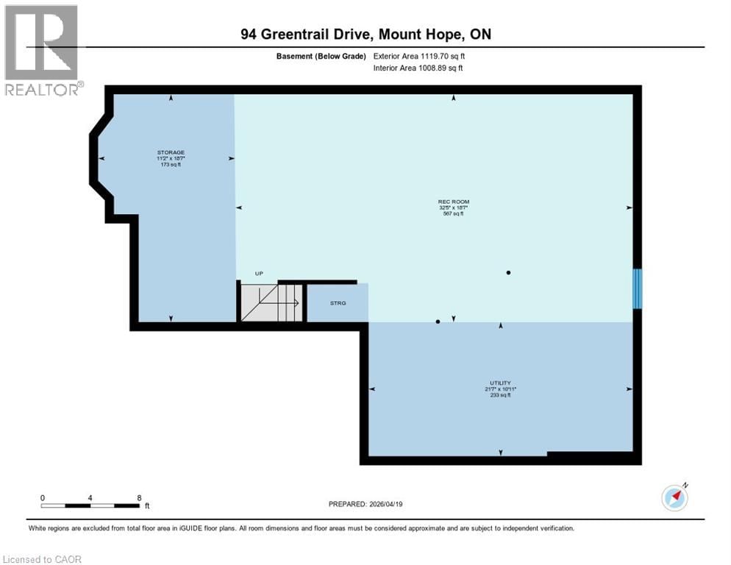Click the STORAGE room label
pyautogui.click(x=171, y=152)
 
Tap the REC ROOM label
pyautogui.click(x=453, y=202)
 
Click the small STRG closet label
pyautogui.click(x=338, y=303)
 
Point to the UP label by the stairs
pyautogui.click(x=259, y=274)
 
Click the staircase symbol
pyautogui.click(x=270, y=303)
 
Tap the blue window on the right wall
pyautogui.click(x=638, y=288)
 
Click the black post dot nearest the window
pyautogui.click(x=508, y=273)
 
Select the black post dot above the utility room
pyautogui.click(x=438, y=321)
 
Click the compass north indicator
pyautogui.click(x=675, y=497)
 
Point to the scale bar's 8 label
pyautogui.click(x=139, y=498)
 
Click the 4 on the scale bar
pyautogui.click(x=90, y=498)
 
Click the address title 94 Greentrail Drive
pyautogui.click(x=365, y=34)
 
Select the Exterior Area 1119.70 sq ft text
pyautogui.click(x=419, y=56)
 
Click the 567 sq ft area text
pyautogui.click(x=453, y=215)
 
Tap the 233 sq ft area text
pyautogui.click(x=500, y=395)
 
